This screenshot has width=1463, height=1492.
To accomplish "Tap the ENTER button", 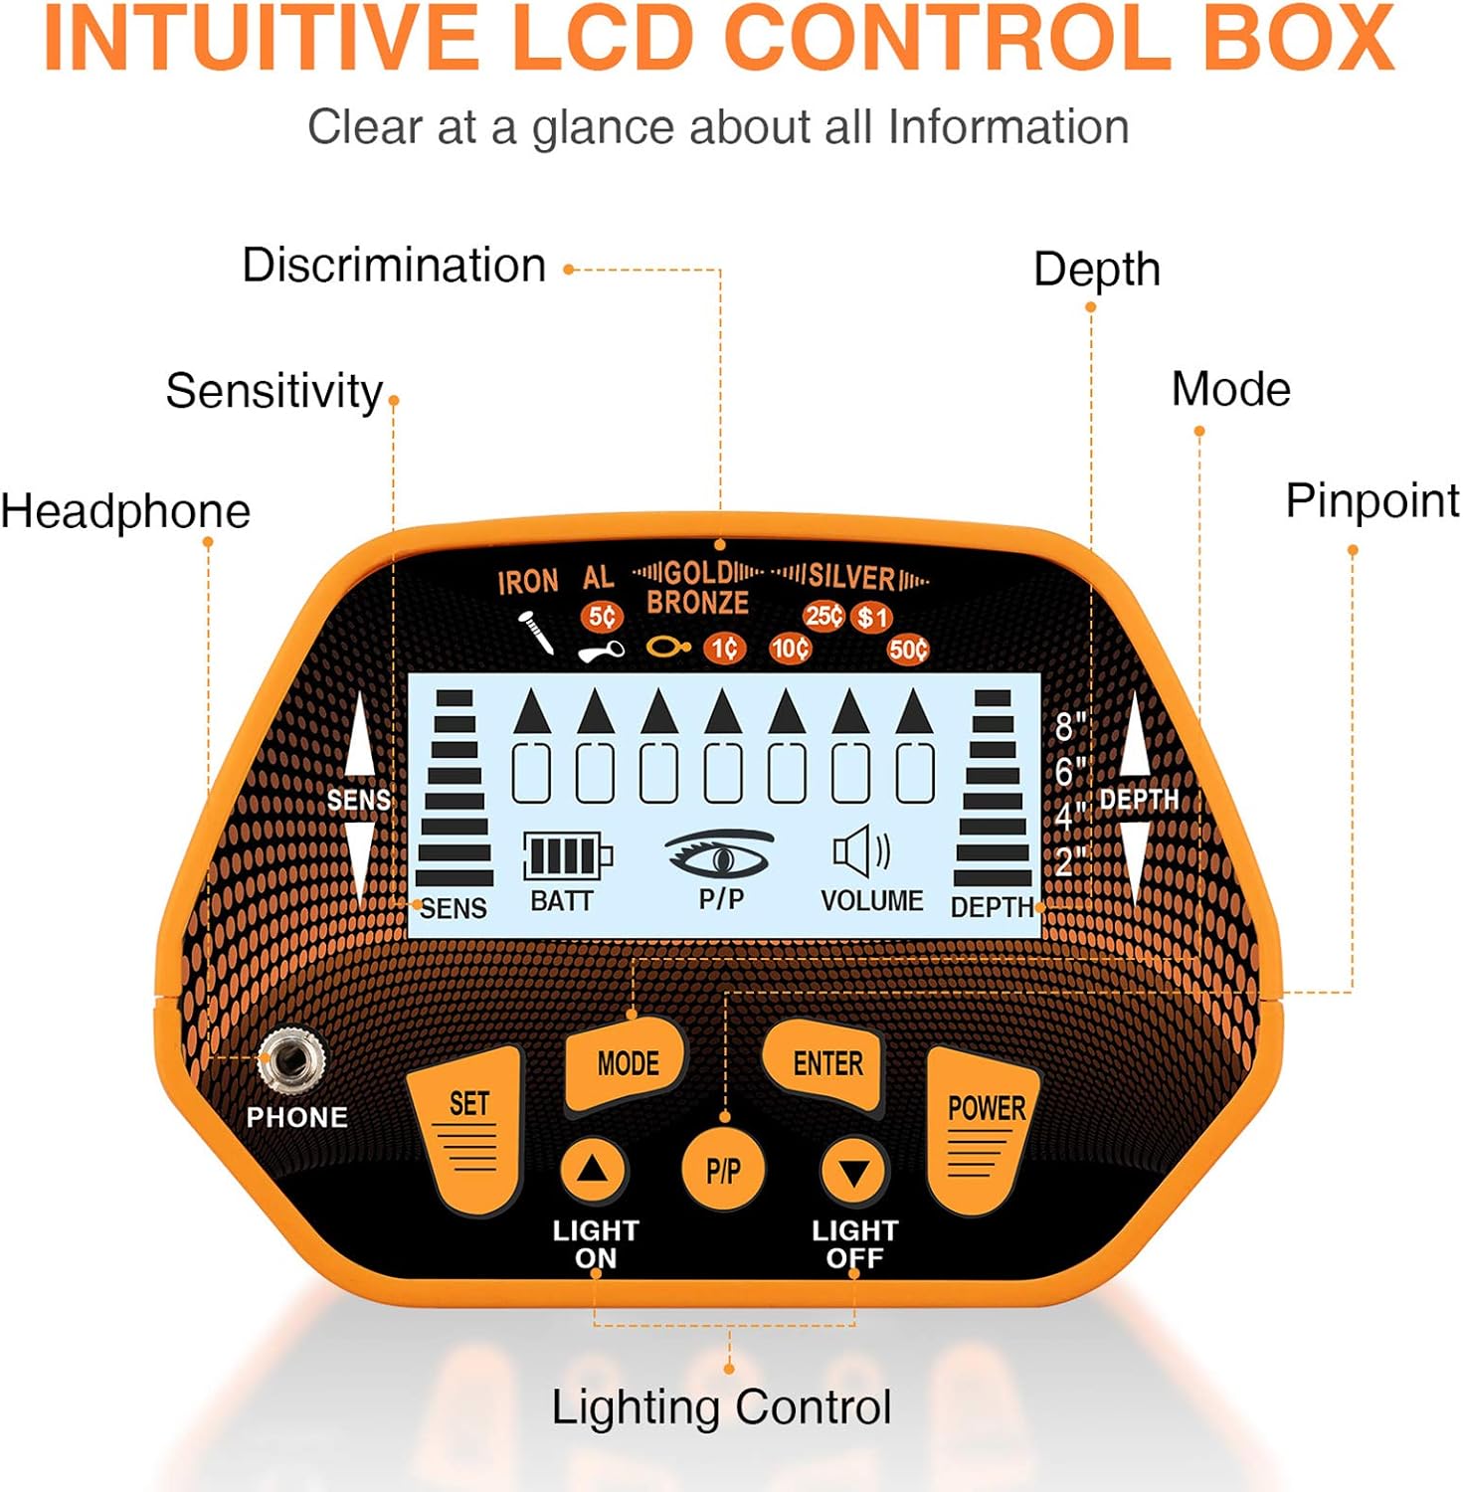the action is point(824,1064).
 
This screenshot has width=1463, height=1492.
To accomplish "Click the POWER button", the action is point(983,1129).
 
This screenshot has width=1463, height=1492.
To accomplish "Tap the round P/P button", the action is point(724,1170).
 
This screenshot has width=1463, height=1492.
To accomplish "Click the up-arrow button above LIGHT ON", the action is point(593,1170).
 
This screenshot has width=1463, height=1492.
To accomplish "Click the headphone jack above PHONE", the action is point(291,1061).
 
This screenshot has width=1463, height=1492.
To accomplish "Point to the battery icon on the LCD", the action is point(568,855).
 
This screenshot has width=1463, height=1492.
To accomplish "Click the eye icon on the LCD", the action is point(719,853).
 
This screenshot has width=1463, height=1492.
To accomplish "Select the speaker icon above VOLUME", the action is point(861,852).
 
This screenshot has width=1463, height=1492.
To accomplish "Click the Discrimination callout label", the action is point(395,266).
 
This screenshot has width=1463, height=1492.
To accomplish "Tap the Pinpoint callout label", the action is point(1372,500).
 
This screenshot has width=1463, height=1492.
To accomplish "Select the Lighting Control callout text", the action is point(721,1407).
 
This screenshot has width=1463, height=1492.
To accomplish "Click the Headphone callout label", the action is point(125,511).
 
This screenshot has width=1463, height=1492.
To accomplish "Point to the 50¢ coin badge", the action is point(908,650).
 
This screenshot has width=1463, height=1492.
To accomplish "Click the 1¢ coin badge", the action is point(724,649).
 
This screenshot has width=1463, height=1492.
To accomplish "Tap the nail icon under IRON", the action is point(536,633).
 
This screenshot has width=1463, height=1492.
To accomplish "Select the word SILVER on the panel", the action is point(851,576).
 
